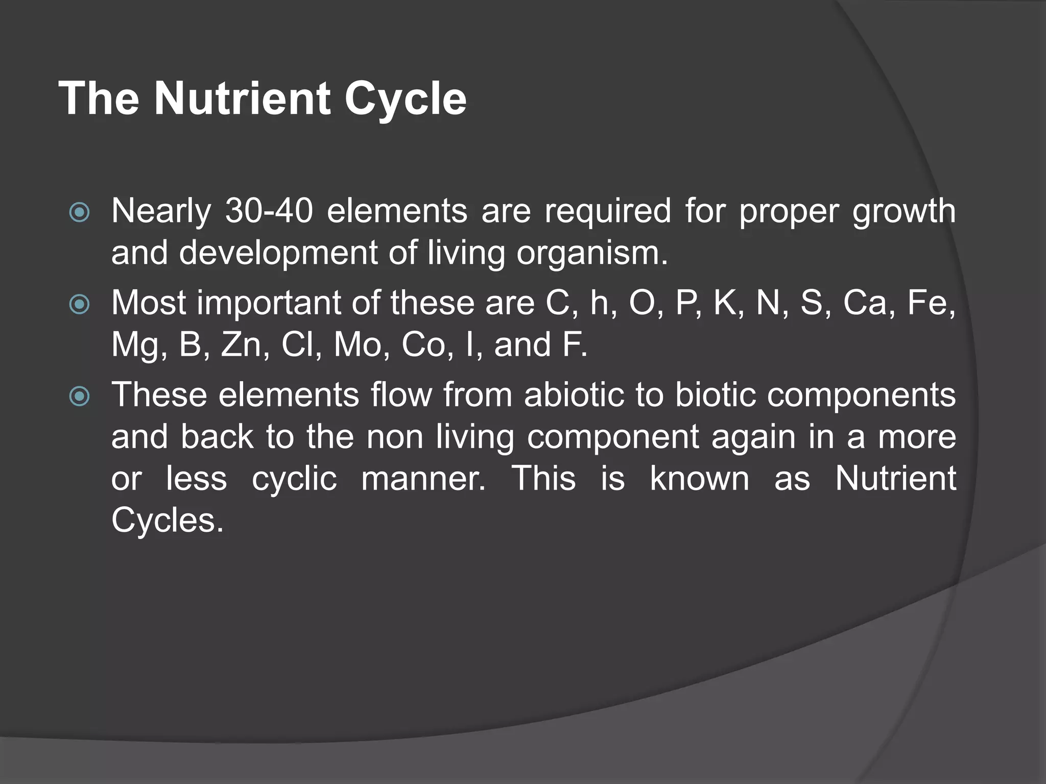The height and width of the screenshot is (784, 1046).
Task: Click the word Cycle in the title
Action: tap(405, 99)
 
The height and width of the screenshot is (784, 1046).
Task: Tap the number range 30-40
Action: tap(269, 211)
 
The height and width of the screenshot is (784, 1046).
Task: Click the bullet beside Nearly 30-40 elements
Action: tap(79, 213)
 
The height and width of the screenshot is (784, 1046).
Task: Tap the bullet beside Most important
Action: tap(79, 305)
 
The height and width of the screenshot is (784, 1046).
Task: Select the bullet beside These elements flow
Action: tap(79, 396)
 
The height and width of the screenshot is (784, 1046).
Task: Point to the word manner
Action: tap(423, 479)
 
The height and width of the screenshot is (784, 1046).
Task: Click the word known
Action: tap(699, 479)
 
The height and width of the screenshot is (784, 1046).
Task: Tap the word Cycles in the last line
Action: tap(168, 521)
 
